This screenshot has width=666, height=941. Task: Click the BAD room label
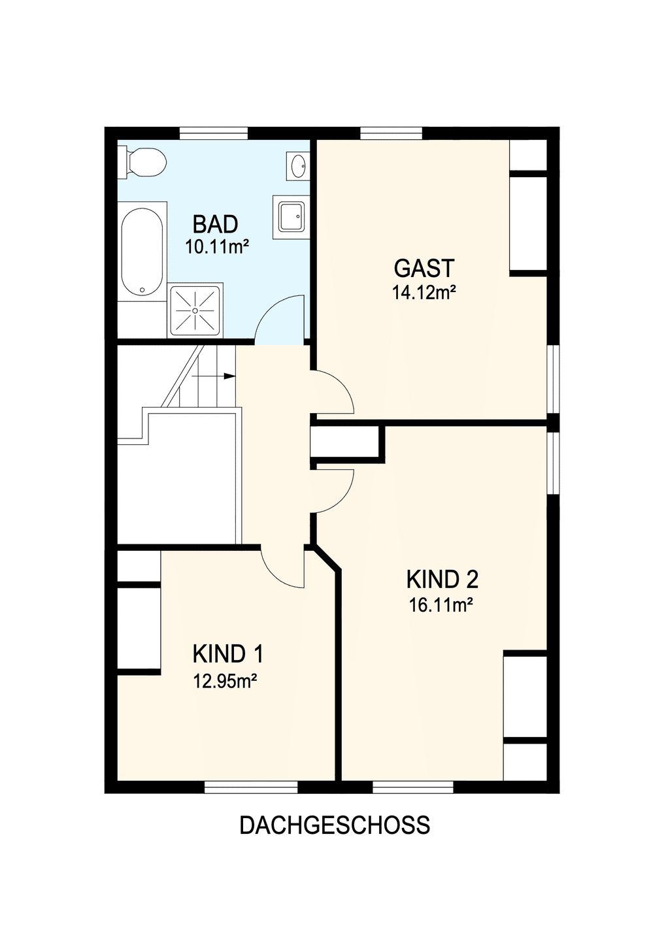[215, 224]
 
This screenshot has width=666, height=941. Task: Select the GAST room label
[424, 269]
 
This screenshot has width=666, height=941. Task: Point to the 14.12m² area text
[424, 292]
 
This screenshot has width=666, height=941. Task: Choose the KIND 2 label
[442, 579]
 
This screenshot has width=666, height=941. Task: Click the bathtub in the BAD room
[142, 251]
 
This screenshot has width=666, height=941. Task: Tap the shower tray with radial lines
[195, 310]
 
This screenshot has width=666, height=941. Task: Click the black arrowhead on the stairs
[229, 376]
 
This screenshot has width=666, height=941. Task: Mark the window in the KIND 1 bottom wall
[251, 787]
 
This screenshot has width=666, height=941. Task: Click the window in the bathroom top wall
[214, 133]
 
